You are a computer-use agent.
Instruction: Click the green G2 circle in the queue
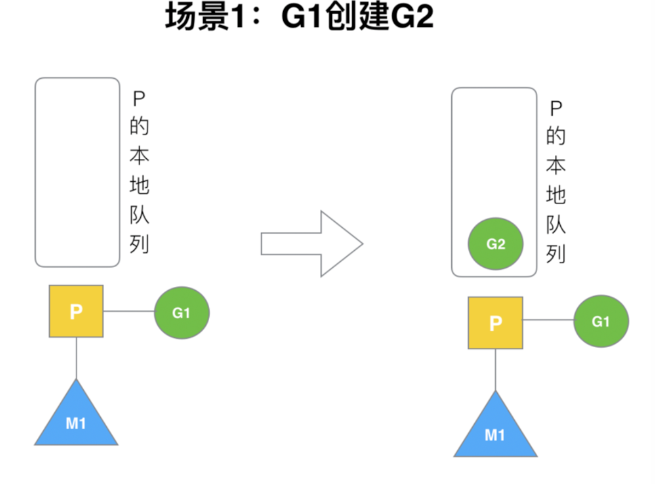496,244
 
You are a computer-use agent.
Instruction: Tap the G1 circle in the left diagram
182,313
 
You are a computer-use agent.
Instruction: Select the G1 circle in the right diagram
601,321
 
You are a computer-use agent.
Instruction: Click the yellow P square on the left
76,311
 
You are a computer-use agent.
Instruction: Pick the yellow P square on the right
496,323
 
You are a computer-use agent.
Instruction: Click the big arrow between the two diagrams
312,244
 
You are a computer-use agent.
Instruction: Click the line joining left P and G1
129,311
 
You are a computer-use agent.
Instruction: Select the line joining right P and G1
548,320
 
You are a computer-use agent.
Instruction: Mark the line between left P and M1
77,358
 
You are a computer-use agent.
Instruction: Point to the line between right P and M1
496,370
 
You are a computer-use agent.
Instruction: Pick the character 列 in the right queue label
556,254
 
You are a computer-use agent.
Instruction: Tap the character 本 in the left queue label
139,155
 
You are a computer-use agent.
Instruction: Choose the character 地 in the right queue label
556,195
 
